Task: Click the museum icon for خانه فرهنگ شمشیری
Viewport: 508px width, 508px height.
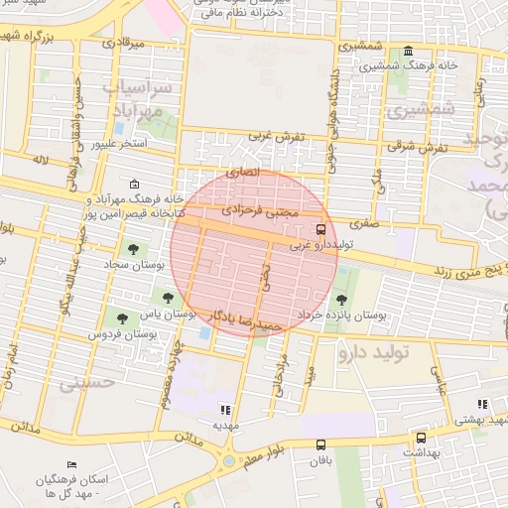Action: tap(408, 52)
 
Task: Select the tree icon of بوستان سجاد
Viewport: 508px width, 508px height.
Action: tap(133, 249)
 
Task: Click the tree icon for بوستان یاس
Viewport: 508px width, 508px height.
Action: tap(166, 296)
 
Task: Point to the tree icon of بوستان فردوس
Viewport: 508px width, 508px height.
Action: tap(121, 318)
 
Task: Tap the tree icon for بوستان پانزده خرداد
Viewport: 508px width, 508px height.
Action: tap(342, 299)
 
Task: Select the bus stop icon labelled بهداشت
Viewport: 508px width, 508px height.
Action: tap(421, 438)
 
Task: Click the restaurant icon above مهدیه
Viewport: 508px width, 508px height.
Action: tap(225, 409)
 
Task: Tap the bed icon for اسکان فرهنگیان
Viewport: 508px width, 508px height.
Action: tap(70, 465)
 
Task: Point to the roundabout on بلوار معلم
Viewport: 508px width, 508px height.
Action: tap(230, 460)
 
